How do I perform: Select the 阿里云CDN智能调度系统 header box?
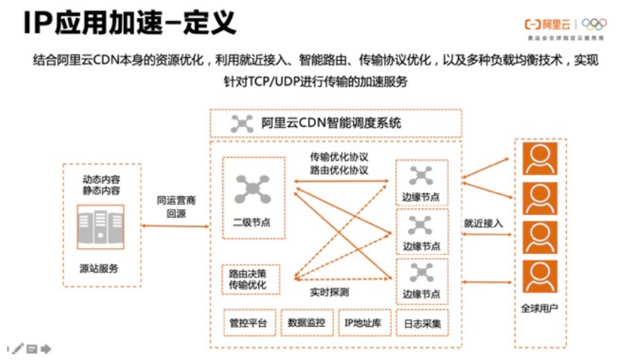[336, 122]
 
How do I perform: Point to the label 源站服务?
[100, 268]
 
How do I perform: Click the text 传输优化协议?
[339, 157]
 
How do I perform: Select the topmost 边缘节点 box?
[421, 183]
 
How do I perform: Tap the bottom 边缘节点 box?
[421, 281]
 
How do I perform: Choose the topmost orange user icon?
[540, 159]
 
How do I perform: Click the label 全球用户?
[540, 309]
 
